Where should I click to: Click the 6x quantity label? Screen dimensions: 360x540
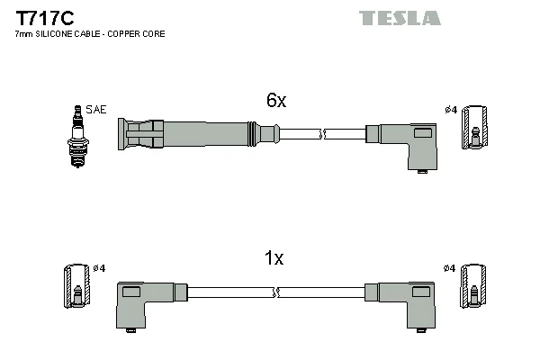click(x=275, y=102)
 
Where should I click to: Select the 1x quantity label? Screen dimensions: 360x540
click(x=274, y=258)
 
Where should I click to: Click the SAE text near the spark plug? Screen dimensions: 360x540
click(x=96, y=109)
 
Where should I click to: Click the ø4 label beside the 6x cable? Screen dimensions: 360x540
click(x=451, y=110)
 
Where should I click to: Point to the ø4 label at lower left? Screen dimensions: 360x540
click(x=99, y=268)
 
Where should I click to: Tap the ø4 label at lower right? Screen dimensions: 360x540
click(x=450, y=268)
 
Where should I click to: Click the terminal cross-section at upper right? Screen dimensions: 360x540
click(x=474, y=127)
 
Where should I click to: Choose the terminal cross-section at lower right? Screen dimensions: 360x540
click(x=474, y=287)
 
